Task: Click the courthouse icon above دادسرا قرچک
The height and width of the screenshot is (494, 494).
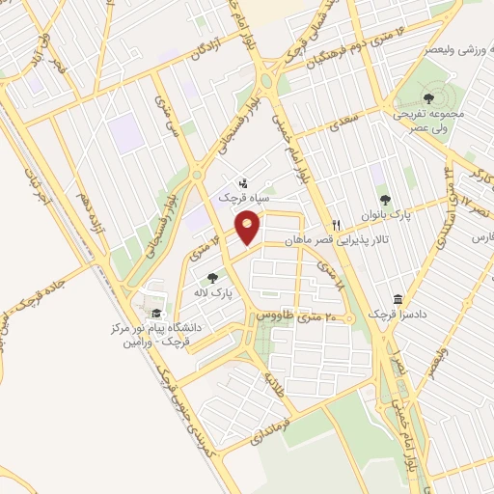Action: point(397,300)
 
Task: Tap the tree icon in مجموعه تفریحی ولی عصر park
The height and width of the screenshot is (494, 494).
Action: point(428,97)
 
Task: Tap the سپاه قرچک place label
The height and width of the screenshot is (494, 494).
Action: point(250,199)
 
